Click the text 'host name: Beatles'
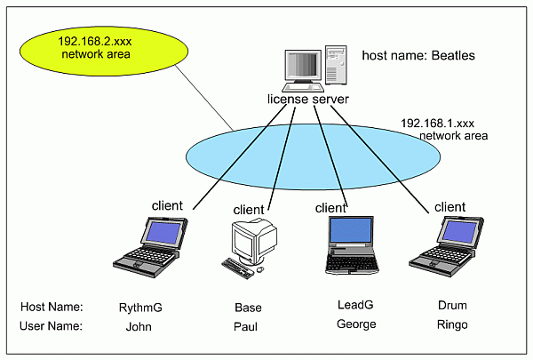[x=418, y=56]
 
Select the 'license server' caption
[x=307, y=99]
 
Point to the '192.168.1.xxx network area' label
[x=443, y=130]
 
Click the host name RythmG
[x=140, y=308]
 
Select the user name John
[x=140, y=326]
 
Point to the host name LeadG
[x=355, y=305]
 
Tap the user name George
[x=355, y=324]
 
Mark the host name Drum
[x=452, y=305]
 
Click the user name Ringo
[x=452, y=324]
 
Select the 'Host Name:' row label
[x=51, y=308]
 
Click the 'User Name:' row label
[x=51, y=326]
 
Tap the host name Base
[x=248, y=308]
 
